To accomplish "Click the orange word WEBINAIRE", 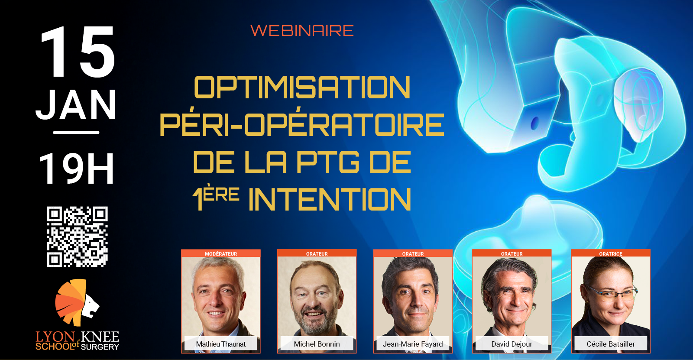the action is [x=302, y=30].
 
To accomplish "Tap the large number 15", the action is [x=78, y=52].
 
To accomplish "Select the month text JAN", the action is [x=76, y=105].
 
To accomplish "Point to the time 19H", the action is [x=76, y=168].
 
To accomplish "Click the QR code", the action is [x=78, y=237].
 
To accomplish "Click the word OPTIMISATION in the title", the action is [x=302, y=87].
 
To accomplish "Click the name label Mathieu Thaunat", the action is [x=220, y=344].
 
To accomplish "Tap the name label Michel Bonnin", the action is [x=317, y=344].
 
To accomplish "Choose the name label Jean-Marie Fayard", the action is [x=413, y=344].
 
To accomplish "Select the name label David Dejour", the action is [x=512, y=344].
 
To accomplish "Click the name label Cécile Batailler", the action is [x=611, y=344].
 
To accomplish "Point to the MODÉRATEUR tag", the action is [x=221, y=254].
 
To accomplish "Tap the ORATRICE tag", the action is [x=611, y=254].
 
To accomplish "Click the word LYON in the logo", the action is [x=55, y=337].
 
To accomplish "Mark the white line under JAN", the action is [x=76, y=133].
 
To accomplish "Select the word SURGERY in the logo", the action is [x=100, y=347].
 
